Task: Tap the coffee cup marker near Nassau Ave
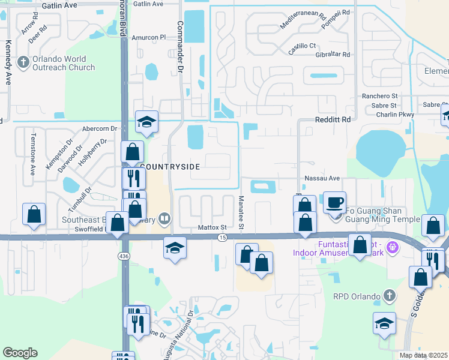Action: (x=334, y=202)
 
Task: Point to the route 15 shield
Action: (x=222, y=238)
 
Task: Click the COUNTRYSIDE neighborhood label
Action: (x=170, y=166)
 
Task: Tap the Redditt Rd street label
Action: (x=333, y=120)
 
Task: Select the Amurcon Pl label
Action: (x=148, y=37)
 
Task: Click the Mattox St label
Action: (x=212, y=228)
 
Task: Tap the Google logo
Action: (x=20, y=352)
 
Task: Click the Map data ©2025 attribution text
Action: (x=424, y=355)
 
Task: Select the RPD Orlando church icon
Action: (x=389, y=295)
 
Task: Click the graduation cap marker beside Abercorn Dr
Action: (x=146, y=122)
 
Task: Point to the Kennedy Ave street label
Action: (x=9, y=63)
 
